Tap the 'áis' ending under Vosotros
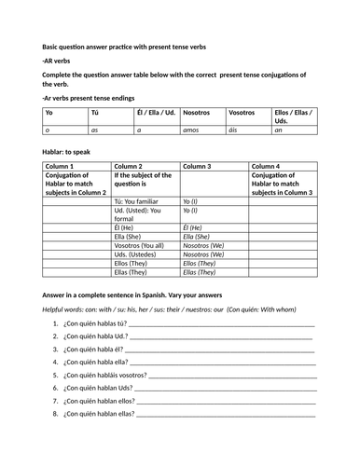235,131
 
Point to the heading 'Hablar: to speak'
71,149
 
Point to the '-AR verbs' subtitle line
59,61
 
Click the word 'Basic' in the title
51,47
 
